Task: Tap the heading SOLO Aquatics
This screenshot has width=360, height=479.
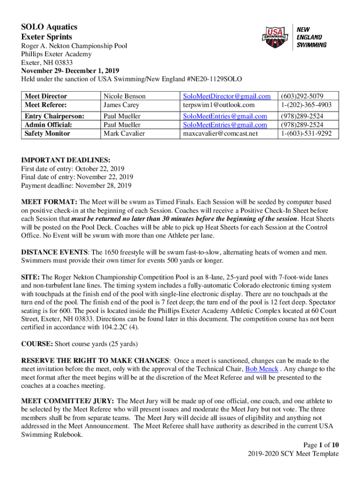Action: [x=49, y=27]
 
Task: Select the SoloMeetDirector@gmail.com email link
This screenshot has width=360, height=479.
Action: [x=227, y=96]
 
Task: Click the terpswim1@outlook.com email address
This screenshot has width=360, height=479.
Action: [x=219, y=105]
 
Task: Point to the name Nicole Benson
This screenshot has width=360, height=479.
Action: [x=124, y=96]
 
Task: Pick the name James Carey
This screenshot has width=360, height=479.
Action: [x=122, y=105]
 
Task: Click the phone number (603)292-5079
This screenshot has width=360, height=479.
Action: [x=302, y=96]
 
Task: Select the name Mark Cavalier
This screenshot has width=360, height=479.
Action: [x=125, y=133]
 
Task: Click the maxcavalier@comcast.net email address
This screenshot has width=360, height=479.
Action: [x=220, y=133]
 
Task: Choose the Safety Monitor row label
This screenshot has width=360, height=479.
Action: [x=47, y=133]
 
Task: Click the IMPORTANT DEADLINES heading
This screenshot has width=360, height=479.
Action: [x=65, y=160]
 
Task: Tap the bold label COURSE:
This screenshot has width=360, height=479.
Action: [x=37, y=344]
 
